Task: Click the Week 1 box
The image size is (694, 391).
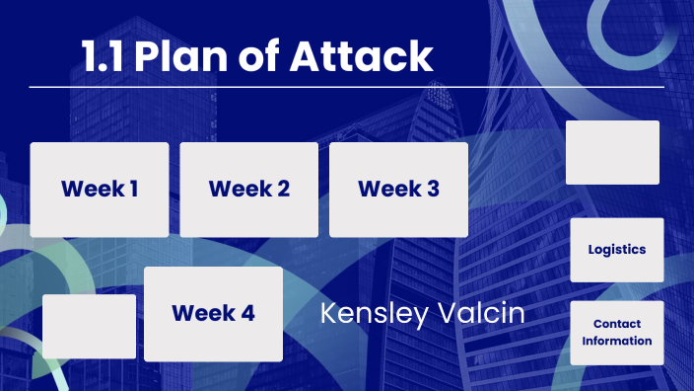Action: (x=99, y=190)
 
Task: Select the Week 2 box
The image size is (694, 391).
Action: (x=248, y=190)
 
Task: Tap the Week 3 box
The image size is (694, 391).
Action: (x=398, y=190)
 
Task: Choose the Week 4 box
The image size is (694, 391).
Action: (x=213, y=314)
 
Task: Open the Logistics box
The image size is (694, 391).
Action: (x=616, y=250)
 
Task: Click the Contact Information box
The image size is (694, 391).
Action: (x=616, y=333)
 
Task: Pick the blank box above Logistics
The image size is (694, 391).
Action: (x=612, y=152)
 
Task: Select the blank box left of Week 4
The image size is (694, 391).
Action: (x=89, y=326)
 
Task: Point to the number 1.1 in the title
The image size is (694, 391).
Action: (x=103, y=57)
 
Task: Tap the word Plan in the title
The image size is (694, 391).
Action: (x=181, y=57)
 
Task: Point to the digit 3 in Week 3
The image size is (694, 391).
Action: (x=433, y=189)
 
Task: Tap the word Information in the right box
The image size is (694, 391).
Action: (x=616, y=341)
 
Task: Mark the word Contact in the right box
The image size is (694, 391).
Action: (x=616, y=324)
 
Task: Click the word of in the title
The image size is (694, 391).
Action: (x=258, y=57)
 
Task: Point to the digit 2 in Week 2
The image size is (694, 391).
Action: (x=283, y=189)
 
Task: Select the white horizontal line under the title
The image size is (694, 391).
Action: (x=345, y=87)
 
